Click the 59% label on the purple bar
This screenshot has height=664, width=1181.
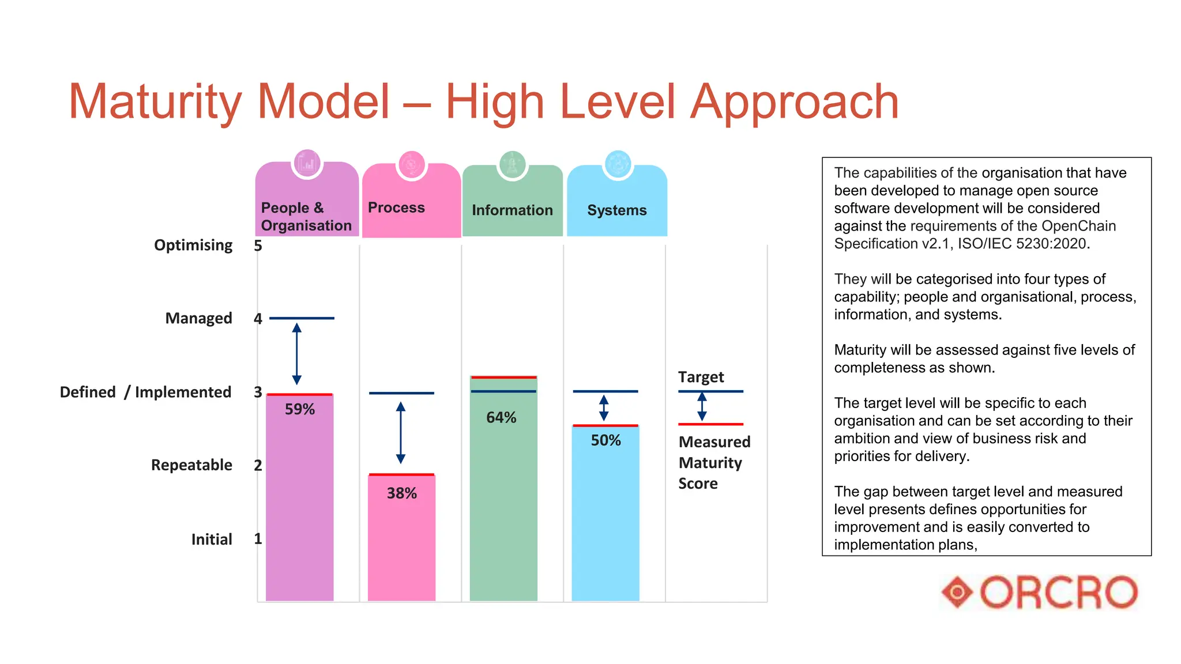[x=299, y=409]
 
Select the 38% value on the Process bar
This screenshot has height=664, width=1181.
[x=401, y=493]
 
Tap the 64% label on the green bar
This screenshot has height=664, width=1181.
[x=501, y=417]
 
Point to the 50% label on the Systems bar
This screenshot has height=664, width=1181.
[x=605, y=440]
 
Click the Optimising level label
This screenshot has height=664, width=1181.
[x=193, y=246]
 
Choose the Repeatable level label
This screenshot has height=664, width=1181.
[x=191, y=465]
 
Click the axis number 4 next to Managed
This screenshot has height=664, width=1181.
[x=258, y=319]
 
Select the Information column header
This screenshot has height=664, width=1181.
[x=512, y=210]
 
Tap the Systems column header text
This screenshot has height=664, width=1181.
[x=616, y=210]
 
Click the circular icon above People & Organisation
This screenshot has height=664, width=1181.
[x=307, y=164]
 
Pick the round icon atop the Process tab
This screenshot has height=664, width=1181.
[x=411, y=165]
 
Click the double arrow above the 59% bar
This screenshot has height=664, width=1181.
[x=296, y=354]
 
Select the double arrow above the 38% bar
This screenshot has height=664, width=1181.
[x=401, y=433]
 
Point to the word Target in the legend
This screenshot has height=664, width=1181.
[x=701, y=377]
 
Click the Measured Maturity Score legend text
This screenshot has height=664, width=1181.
[x=714, y=463]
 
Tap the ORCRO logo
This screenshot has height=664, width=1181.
[x=1040, y=592]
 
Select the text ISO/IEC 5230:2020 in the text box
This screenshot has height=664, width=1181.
[x=1022, y=244]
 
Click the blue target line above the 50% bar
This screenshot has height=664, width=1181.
[x=605, y=391]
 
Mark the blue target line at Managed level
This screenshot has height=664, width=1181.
[x=302, y=318]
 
